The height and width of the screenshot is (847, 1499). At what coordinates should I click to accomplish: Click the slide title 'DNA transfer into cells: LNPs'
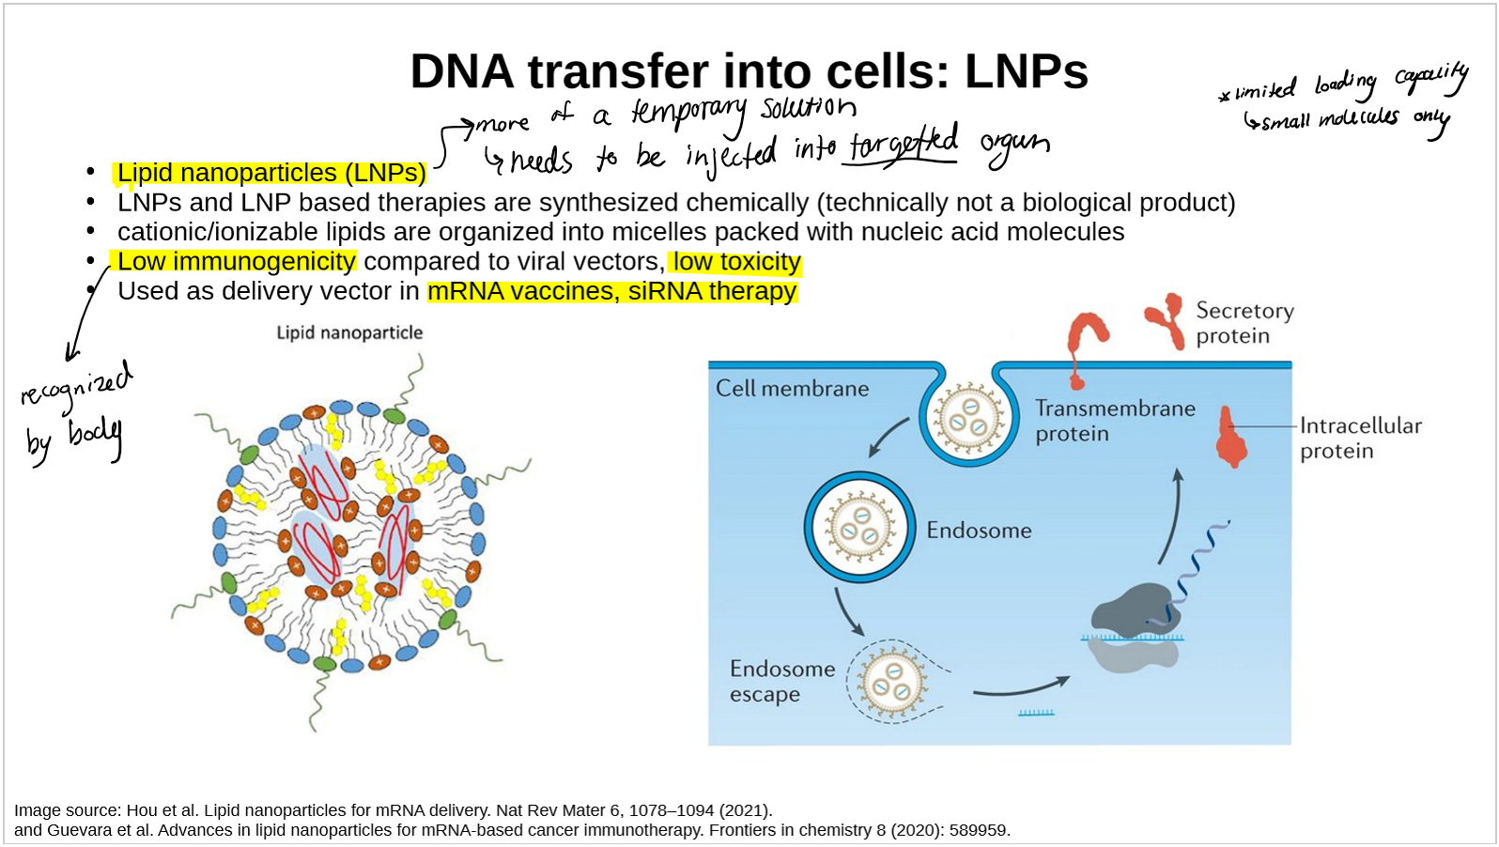[x=749, y=71]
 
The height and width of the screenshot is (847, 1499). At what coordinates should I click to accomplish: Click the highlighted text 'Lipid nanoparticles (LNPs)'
[x=270, y=174]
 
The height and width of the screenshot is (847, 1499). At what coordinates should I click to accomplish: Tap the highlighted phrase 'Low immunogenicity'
[x=236, y=261]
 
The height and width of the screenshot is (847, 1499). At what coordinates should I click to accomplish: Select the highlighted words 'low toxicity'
[x=736, y=262]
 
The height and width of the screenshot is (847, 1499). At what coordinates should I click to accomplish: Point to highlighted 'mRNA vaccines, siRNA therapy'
[x=611, y=291]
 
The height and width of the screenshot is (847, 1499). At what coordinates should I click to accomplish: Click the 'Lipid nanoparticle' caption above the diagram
[x=349, y=332]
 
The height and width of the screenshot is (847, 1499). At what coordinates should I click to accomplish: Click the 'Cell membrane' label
[x=792, y=389]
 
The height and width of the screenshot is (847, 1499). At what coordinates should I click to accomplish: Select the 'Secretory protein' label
[x=1244, y=323]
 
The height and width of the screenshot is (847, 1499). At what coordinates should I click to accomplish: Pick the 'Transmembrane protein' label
[x=1115, y=421]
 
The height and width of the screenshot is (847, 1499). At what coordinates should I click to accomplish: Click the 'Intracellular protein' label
[x=1360, y=438]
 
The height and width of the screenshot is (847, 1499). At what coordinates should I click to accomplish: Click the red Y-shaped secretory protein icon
[x=1166, y=318]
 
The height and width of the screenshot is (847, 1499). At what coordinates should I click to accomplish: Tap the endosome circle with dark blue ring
[x=859, y=527]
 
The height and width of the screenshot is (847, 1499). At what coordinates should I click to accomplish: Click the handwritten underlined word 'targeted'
[x=903, y=146]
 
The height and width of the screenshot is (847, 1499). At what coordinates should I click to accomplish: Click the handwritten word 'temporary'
[x=688, y=113]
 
